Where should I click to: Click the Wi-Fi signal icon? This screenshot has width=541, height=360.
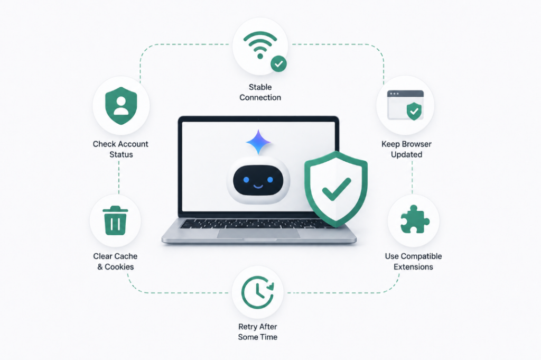[x=260, y=44]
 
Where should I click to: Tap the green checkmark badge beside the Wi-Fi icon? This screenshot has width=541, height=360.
[x=278, y=64]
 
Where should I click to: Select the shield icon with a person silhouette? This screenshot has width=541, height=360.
[x=121, y=106]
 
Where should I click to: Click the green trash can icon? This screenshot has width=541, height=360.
[x=115, y=220]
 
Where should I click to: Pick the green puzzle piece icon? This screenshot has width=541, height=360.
[x=414, y=219]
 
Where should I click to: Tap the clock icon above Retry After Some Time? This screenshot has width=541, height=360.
[x=257, y=292]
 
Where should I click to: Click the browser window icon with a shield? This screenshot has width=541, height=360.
[x=405, y=105]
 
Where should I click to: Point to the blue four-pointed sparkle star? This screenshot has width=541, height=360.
[x=258, y=142]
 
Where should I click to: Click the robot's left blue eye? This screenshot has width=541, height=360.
[x=246, y=180]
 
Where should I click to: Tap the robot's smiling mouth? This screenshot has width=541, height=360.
[x=258, y=187]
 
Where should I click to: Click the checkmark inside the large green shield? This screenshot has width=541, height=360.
[x=336, y=189]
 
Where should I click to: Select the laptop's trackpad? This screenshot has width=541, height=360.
[x=258, y=233]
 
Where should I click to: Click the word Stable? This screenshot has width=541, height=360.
[x=260, y=87]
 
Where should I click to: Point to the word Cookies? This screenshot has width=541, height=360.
[x=119, y=267]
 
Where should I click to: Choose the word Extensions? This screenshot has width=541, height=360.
[x=413, y=267]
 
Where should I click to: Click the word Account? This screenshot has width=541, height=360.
[x=133, y=144]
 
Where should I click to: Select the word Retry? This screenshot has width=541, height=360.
[x=247, y=327]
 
